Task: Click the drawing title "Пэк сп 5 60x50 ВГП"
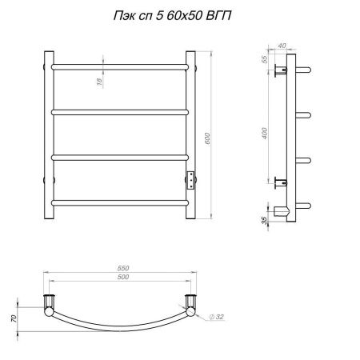coord(172,16)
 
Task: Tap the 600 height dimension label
coord(208,138)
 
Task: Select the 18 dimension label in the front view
coord(99,82)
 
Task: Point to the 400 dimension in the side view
coord(265,134)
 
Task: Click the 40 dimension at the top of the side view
coord(282,46)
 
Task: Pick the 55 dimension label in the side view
coord(264,59)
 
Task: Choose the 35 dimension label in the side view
coord(264,220)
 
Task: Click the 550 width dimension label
coord(123,268)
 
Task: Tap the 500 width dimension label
coord(123,277)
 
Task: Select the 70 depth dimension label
coord(14,318)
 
